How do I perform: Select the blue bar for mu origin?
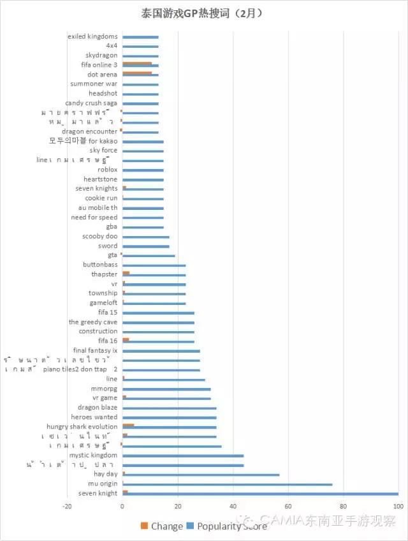coord(227,484)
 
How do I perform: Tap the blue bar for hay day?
coord(201,475)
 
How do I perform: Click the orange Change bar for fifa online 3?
coord(136,63)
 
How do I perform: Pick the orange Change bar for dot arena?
coord(136,73)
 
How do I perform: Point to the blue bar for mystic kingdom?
coord(183,456)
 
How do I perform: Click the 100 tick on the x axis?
coord(398,507)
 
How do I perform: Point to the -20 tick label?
coord(67,507)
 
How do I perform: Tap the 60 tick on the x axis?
coord(288,507)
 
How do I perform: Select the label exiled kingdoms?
coord(92,36)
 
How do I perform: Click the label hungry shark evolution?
coord(82,427)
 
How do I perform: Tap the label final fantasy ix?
coord(95,350)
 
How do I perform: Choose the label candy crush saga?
coord(91,103)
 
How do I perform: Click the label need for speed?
coord(94,218)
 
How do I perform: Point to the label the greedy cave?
coord(93,322)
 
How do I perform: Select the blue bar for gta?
coord(149,256)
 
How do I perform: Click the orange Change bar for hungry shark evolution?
coord(128,425)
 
